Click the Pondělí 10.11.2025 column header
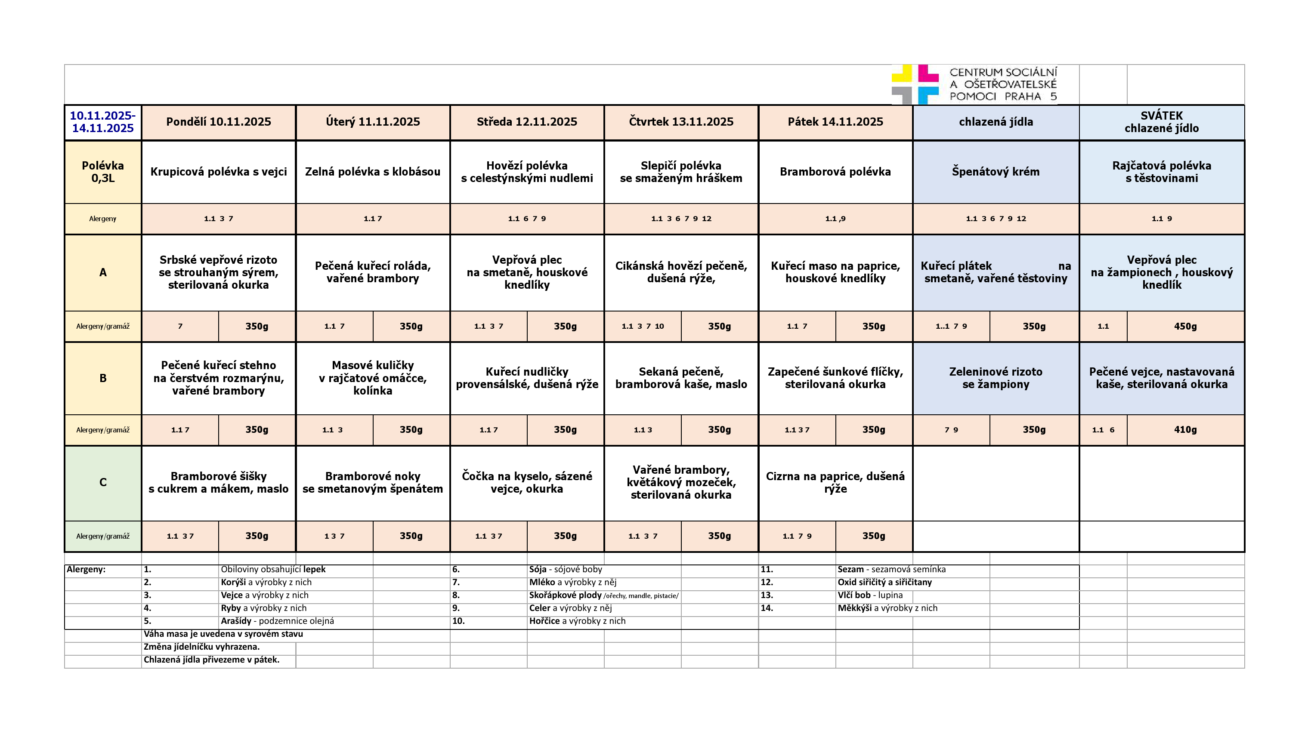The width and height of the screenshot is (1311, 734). click(218, 122)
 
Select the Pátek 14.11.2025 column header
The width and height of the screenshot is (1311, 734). click(835, 122)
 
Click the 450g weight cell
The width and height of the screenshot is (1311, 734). click(1185, 327)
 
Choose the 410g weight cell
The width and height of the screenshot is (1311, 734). click(1185, 430)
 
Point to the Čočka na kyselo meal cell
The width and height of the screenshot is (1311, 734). click(527, 483)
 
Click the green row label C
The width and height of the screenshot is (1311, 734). click(103, 483)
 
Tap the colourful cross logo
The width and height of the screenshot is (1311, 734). click(915, 84)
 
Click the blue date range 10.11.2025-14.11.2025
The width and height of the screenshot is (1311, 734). click(103, 122)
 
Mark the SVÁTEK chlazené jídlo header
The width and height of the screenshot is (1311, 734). click(1161, 122)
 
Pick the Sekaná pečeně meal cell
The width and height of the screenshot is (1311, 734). click(681, 378)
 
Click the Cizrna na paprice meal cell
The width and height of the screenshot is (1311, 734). click(835, 483)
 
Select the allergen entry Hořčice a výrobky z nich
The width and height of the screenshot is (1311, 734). click(577, 621)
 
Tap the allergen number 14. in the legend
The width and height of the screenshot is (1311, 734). click(767, 608)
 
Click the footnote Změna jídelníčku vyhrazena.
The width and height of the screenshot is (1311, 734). click(201, 647)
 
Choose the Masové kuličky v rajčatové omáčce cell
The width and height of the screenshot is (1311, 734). click(373, 378)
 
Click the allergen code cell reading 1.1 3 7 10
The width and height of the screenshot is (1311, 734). click(642, 327)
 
